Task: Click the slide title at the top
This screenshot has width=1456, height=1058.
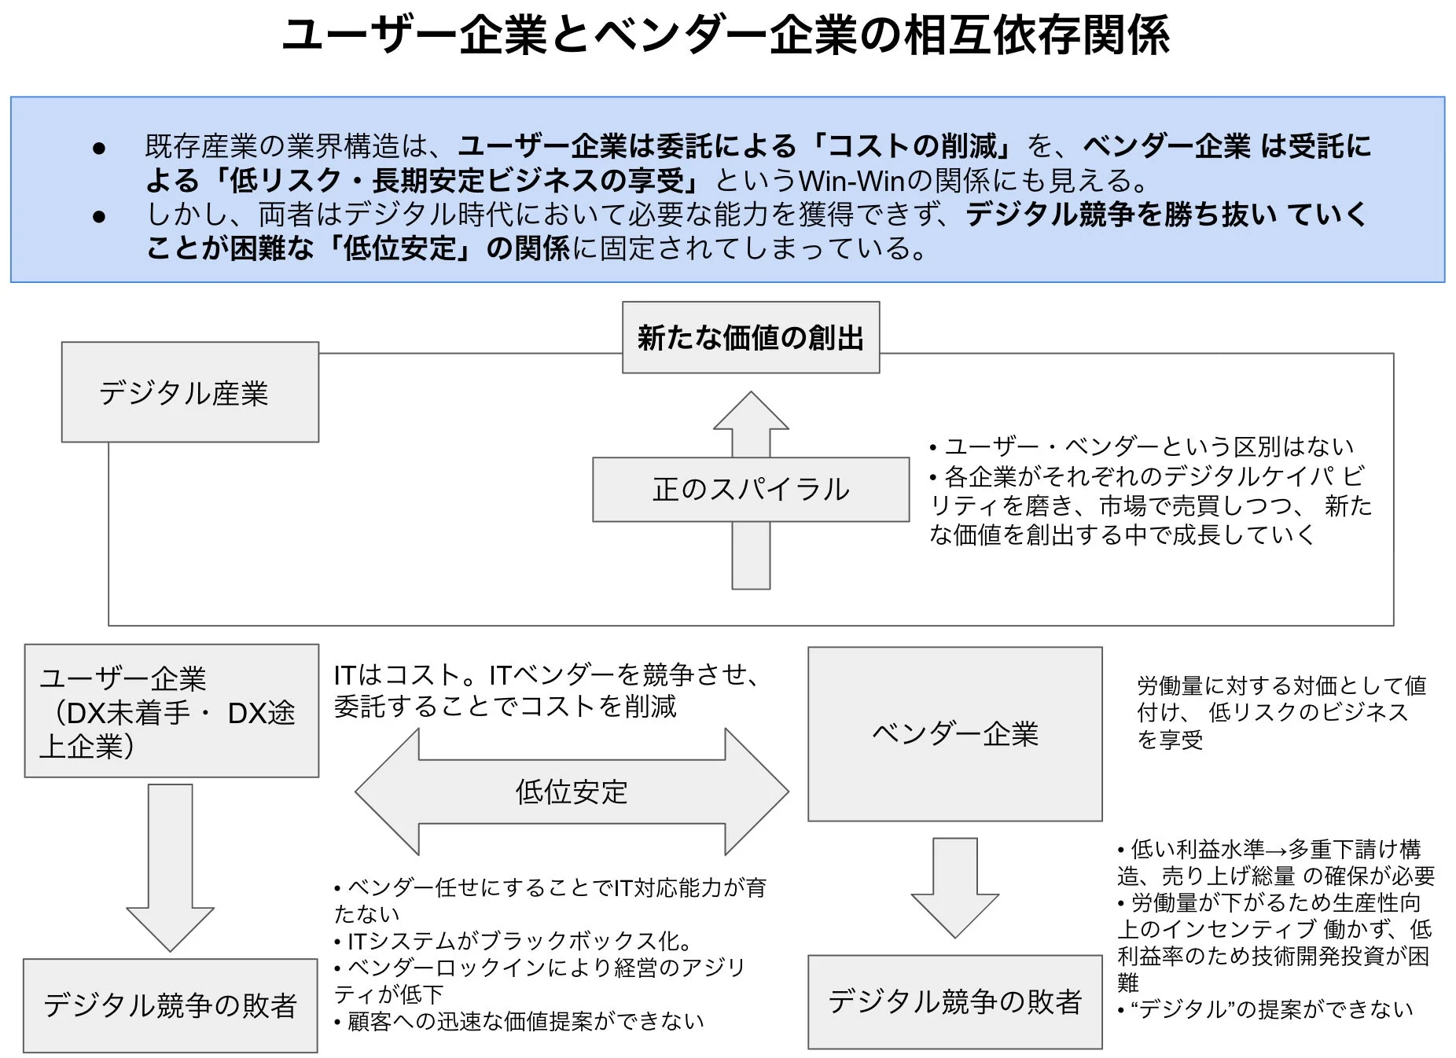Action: pos(726,36)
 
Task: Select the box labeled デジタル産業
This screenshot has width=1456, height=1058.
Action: pos(189,392)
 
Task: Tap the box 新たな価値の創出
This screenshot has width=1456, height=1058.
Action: pos(750,338)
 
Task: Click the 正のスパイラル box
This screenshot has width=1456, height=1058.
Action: pos(750,490)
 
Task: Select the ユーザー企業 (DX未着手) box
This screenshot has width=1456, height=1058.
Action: pos(171,711)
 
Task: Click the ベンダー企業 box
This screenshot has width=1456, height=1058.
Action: pos(954,734)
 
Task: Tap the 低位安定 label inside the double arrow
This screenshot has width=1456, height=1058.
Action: pos(572,792)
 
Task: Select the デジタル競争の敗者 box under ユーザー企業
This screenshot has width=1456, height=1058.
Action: pos(170,1005)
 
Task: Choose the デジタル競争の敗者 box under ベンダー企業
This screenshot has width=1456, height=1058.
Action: pos(954,1002)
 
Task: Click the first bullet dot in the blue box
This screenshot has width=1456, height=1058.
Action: pos(99,148)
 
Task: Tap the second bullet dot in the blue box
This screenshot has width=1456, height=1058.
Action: pos(99,216)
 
